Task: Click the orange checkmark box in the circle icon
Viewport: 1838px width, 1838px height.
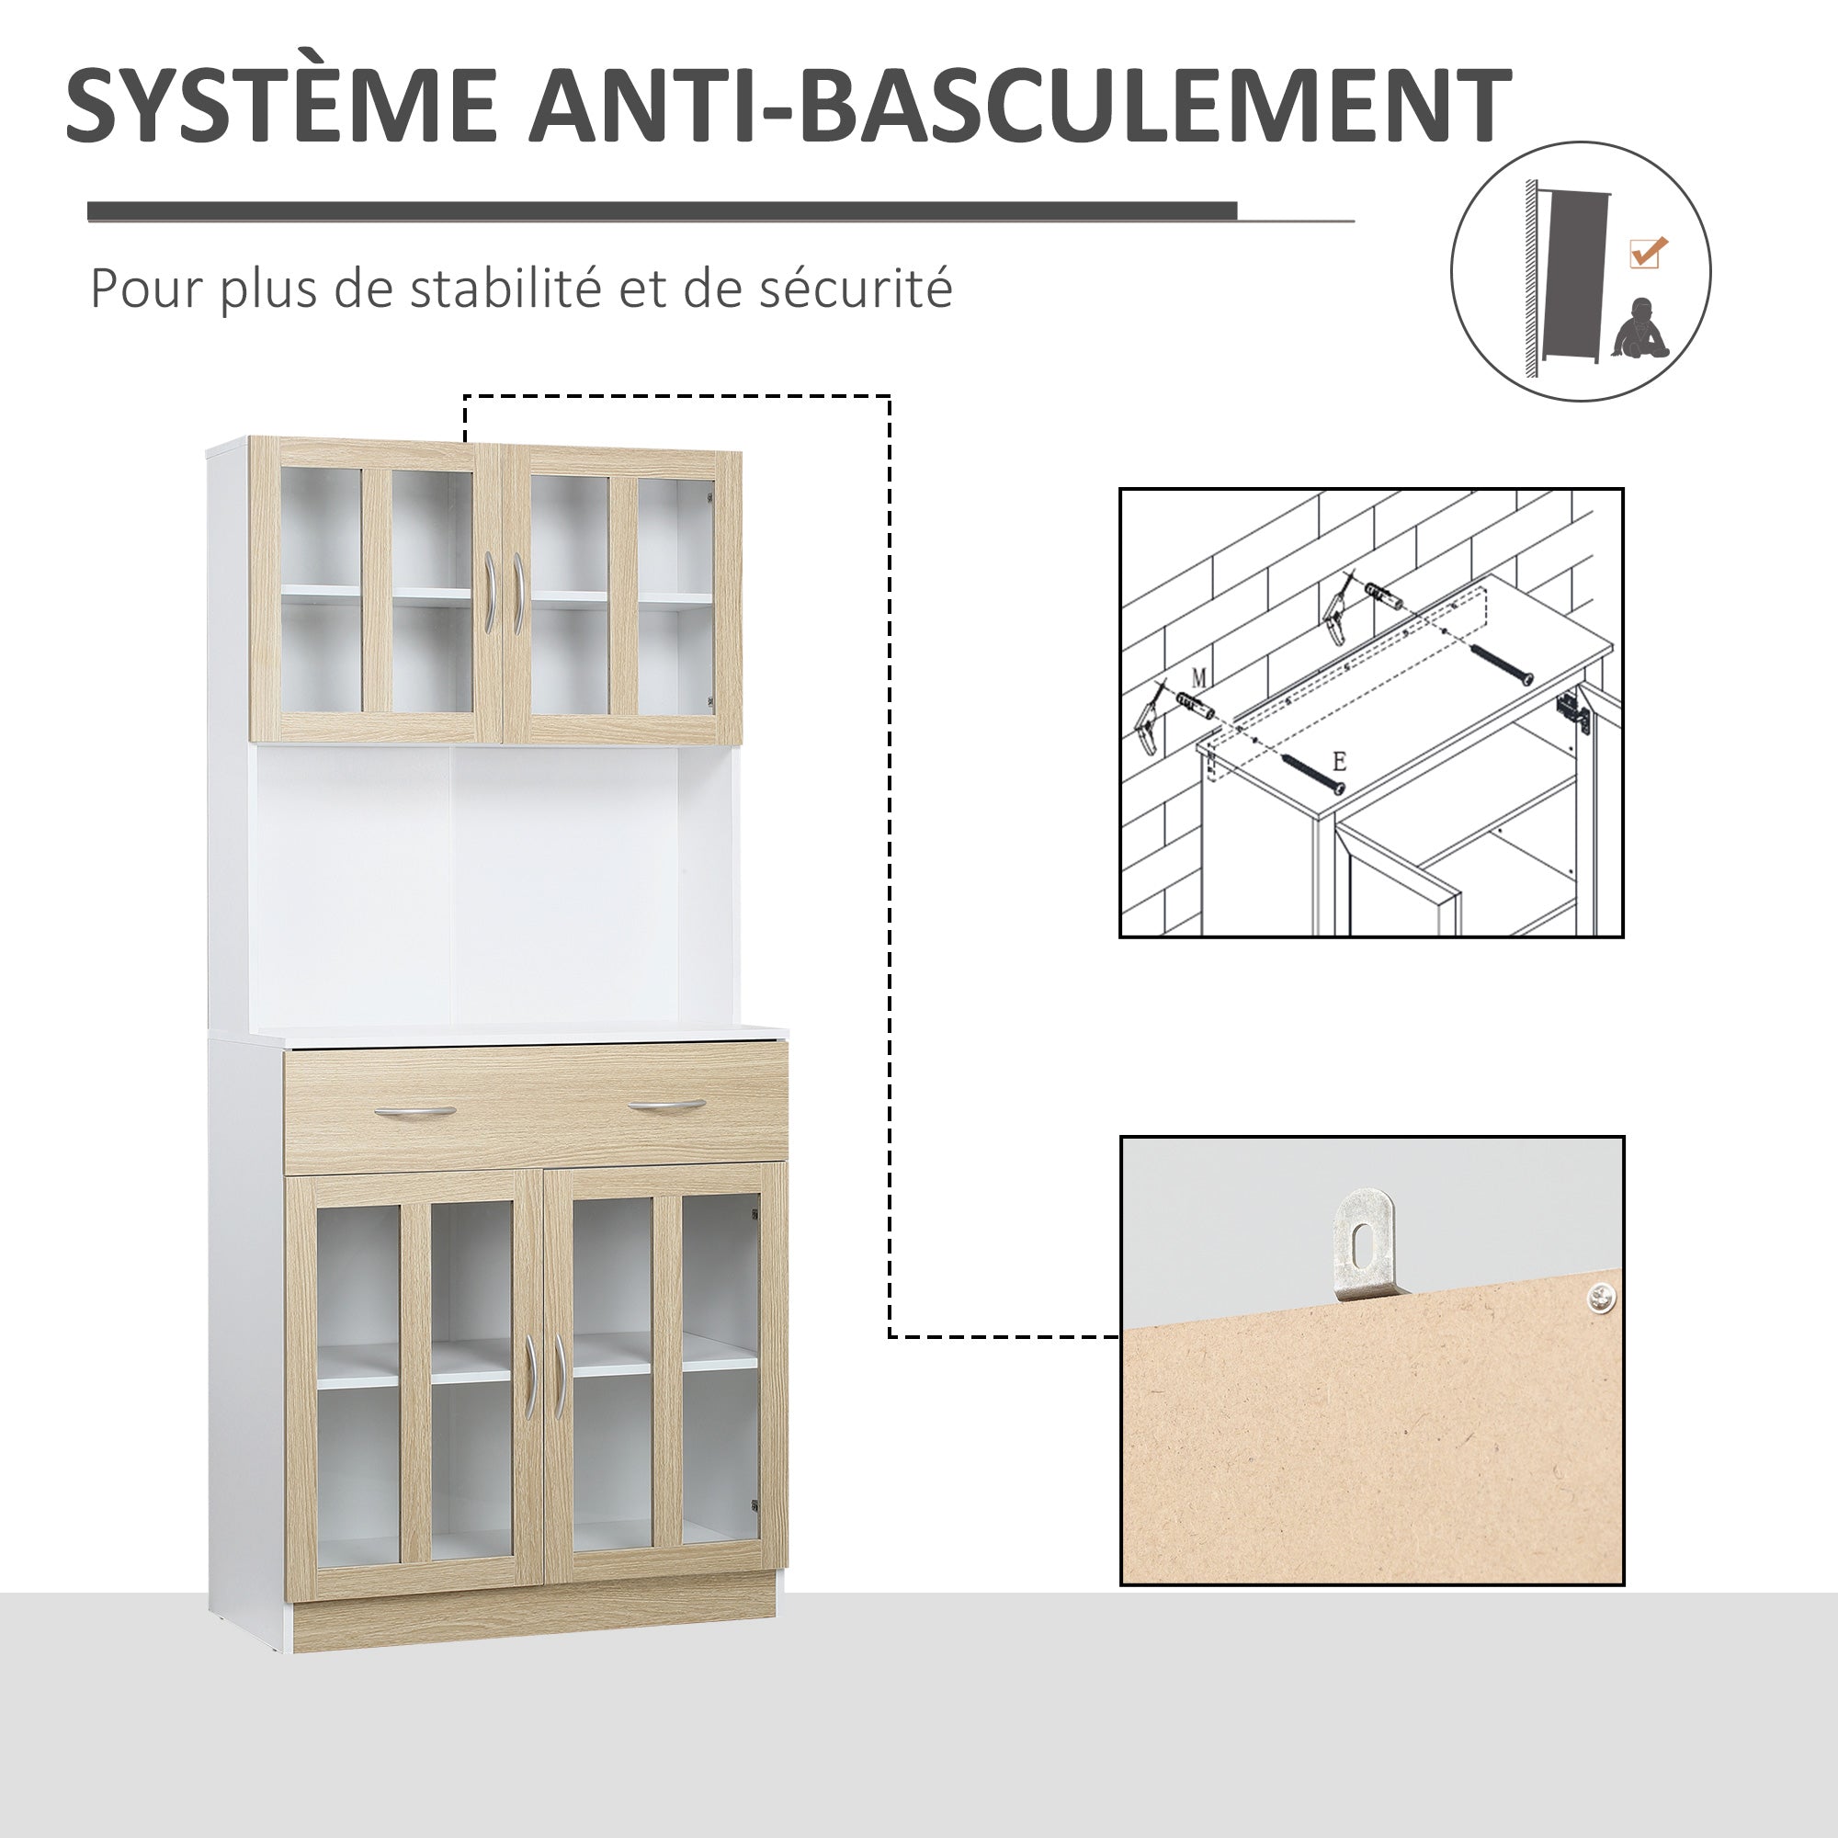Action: [1647, 253]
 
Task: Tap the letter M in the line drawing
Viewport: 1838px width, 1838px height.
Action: [1198, 677]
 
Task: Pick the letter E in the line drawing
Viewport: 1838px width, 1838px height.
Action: [1340, 761]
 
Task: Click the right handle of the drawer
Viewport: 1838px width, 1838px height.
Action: [666, 1106]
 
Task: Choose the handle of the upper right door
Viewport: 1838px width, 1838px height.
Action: [518, 592]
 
